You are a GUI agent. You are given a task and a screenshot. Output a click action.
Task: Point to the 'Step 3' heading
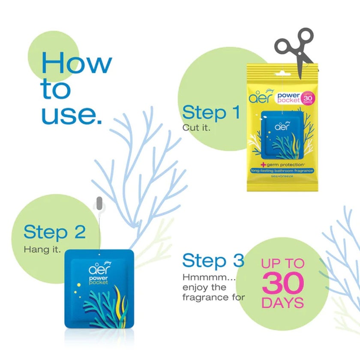pyautogui.click(x=213, y=261)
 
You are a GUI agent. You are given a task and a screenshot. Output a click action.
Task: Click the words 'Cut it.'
pyautogui.click(x=197, y=127)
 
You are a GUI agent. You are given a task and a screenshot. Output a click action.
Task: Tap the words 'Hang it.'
pyautogui.click(x=42, y=249)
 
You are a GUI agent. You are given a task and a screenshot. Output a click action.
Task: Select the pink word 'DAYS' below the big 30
pyautogui.click(x=282, y=303)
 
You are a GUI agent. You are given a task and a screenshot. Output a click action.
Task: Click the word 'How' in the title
pyautogui.click(x=76, y=63)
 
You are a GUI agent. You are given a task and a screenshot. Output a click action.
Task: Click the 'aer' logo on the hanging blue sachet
pyautogui.click(x=98, y=270)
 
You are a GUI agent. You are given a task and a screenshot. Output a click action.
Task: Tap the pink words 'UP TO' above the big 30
pyautogui.click(x=282, y=263)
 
